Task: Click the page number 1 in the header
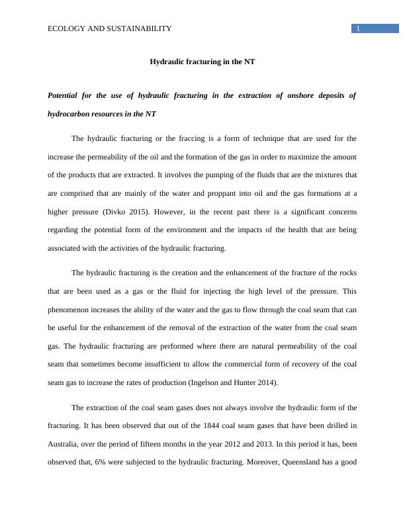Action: tap(357, 28)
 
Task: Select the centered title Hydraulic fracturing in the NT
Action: tap(202, 62)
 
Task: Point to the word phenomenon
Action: tap(70, 310)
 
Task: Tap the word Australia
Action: tap(65, 444)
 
